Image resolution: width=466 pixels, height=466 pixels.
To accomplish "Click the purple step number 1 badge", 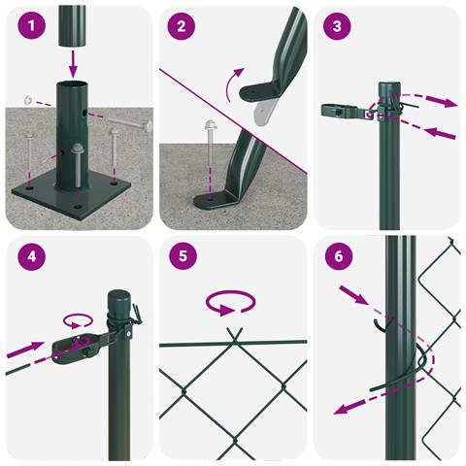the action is [x=31, y=25].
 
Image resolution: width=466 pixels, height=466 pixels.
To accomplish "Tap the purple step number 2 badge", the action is [x=182, y=26].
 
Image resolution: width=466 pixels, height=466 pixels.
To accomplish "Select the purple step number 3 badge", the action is [x=337, y=26].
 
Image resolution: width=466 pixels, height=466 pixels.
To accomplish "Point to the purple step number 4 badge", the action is [x=31, y=256].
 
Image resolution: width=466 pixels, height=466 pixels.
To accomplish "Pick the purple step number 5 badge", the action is [x=183, y=256].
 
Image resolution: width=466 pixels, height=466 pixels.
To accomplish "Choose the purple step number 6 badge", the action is [x=339, y=256].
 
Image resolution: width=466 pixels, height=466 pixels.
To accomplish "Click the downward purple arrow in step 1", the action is [x=74, y=64].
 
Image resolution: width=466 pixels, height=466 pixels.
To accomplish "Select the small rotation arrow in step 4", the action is [x=78, y=320].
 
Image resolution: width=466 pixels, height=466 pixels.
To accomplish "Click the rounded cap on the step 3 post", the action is [x=389, y=89].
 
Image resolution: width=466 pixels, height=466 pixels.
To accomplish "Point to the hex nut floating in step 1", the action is [x=27, y=99].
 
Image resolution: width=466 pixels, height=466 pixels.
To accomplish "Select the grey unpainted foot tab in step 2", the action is [x=265, y=112].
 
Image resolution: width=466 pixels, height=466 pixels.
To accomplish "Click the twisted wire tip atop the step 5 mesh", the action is [x=234, y=333].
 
